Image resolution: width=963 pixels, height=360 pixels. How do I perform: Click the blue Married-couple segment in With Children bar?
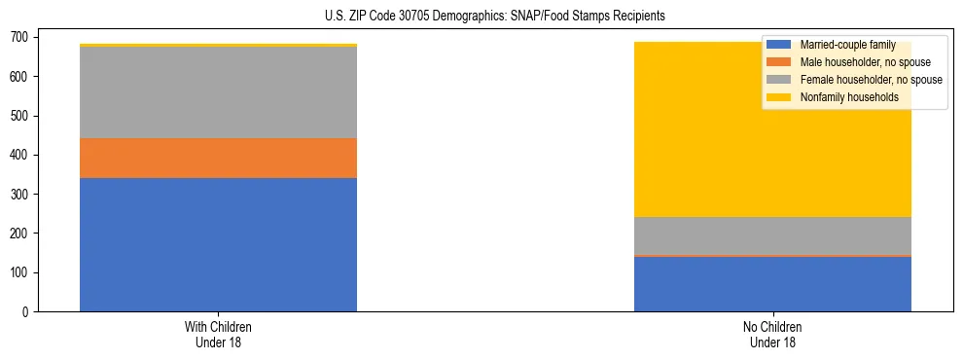(x=218, y=244)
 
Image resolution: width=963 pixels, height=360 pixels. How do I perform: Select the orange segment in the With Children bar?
(x=218, y=158)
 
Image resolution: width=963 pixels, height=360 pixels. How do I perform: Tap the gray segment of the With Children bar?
(x=218, y=92)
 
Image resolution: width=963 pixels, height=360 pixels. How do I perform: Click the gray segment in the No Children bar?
(x=772, y=235)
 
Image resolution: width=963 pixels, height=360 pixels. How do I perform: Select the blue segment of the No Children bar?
(x=772, y=284)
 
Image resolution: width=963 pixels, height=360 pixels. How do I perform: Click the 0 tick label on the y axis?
(x=29, y=311)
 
